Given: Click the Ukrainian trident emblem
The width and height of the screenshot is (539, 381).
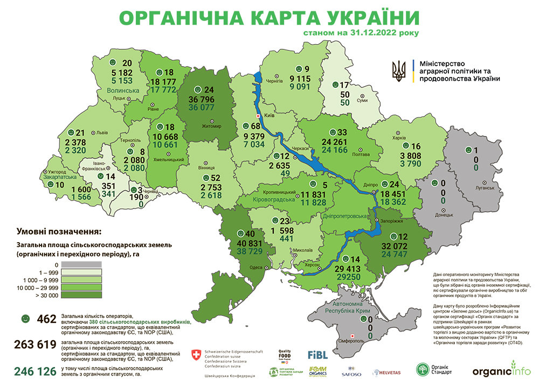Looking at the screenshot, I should coord(399,70).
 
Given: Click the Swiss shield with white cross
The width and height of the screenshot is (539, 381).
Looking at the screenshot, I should coord(196,355).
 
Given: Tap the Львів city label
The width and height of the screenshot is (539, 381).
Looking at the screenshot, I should coord(101,132).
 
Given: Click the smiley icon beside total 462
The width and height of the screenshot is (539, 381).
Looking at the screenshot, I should coord(25,319).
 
